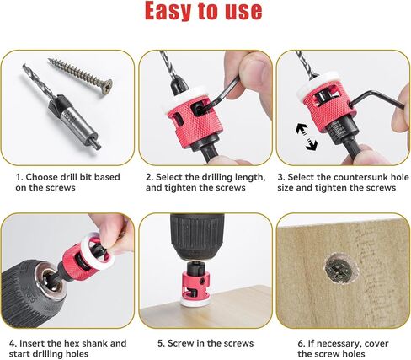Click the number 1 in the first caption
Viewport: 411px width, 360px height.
[19, 178]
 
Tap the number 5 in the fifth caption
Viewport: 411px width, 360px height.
[159, 343]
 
